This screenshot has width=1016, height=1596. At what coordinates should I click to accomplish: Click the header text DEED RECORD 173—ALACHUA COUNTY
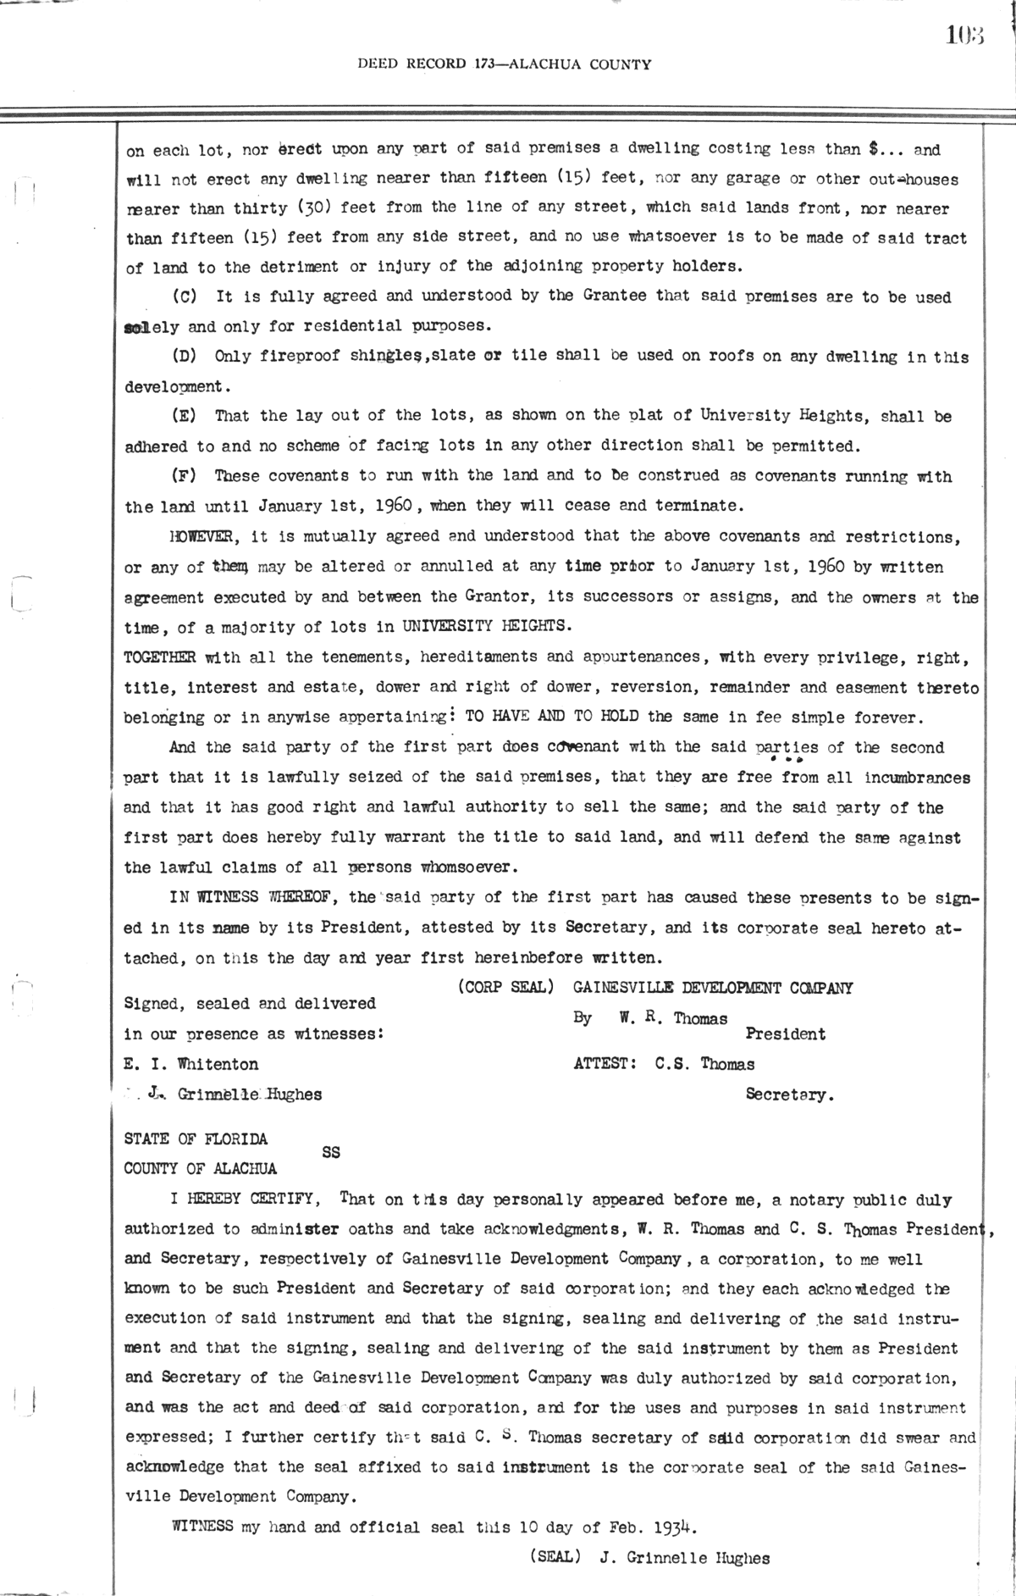click(505, 64)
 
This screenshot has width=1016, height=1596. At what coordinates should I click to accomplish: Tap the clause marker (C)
click(185, 297)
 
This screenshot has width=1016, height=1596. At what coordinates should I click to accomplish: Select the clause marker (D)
click(185, 357)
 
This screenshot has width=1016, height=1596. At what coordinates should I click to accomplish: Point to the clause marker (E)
click(185, 416)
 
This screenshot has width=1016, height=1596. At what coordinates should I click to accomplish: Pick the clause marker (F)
click(185, 476)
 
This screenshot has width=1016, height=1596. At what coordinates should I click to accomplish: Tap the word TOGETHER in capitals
click(160, 657)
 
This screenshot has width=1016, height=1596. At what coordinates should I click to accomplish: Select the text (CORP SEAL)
click(505, 988)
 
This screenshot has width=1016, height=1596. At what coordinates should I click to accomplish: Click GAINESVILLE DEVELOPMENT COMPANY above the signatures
click(713, 988)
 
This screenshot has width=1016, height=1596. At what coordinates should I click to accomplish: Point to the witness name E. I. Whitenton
click(191, 1064)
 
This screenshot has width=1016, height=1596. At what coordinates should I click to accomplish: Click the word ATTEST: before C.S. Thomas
click(605, 1064)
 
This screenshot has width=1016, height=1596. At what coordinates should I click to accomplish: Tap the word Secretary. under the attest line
click(789, 1094)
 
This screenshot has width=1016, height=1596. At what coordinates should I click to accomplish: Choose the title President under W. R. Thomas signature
click(785, 1034)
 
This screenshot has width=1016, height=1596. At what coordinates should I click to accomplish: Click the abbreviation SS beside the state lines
click(331, 1153)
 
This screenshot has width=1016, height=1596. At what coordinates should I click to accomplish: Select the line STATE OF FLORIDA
click(196, 1139)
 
